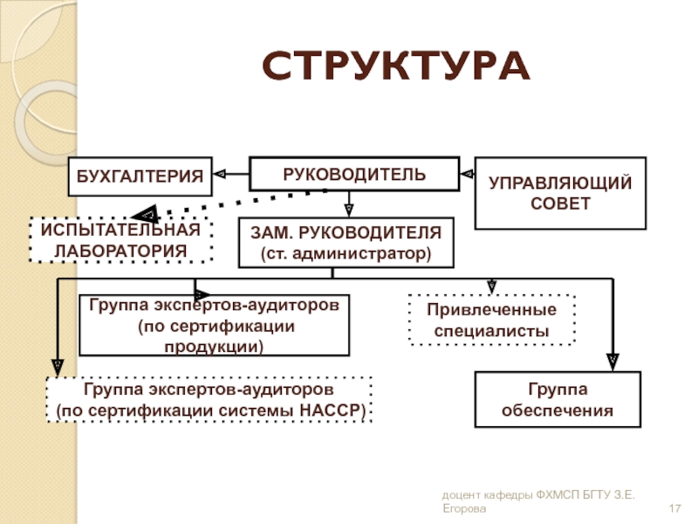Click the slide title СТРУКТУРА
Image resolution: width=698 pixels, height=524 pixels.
(x=396, y=66)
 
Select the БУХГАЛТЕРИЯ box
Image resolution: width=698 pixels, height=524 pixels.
(x=140, y=176)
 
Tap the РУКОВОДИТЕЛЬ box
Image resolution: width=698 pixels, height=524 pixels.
(x=354, y=174)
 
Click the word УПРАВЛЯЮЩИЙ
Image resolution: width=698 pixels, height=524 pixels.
(x=560, y=183)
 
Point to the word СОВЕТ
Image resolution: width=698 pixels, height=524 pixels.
(x=560, y=203)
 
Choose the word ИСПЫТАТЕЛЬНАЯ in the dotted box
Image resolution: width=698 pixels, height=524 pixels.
(x=120, y=230)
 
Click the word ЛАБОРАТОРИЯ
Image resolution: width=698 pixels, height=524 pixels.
(x=120, y=251)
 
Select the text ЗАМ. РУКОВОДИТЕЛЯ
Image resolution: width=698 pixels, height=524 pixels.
(x=346, y=232)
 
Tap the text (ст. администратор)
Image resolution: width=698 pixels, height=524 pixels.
(x=346, y=253)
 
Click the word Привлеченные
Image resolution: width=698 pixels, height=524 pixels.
(x=491, y=310)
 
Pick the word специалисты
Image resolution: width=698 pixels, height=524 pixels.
(x=491, y=331)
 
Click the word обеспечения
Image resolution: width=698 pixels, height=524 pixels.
(x=558, y=410)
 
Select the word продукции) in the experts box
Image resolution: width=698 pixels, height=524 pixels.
(x=214, y=347)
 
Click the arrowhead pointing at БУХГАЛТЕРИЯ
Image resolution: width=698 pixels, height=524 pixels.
(x=220, y=174)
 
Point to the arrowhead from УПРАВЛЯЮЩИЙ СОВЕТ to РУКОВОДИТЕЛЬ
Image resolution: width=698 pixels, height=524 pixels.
(x=467, y=174)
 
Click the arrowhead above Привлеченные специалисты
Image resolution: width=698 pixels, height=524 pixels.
(x=491, y=286)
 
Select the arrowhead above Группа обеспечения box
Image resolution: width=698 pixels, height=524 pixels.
(x=613, y=362)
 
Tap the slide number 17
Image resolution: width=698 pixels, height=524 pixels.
(x=674, y=508)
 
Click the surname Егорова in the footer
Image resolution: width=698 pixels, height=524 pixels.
(x=464, y=508)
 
